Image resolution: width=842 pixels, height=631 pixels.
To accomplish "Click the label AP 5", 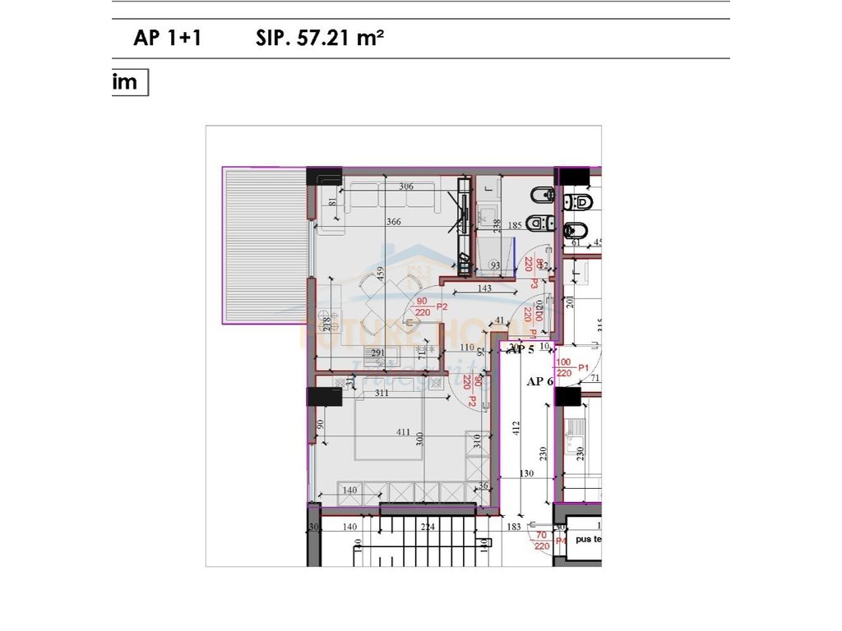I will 520,349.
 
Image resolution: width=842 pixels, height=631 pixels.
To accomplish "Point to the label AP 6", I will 539,381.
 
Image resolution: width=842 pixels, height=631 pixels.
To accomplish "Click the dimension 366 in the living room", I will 393,221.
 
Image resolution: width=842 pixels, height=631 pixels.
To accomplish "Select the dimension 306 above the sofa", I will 405,187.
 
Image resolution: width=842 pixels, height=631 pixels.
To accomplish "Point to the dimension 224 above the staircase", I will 427,527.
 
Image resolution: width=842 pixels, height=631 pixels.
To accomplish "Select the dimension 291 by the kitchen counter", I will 377,353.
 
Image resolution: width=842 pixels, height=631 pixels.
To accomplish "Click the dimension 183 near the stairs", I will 515,527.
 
